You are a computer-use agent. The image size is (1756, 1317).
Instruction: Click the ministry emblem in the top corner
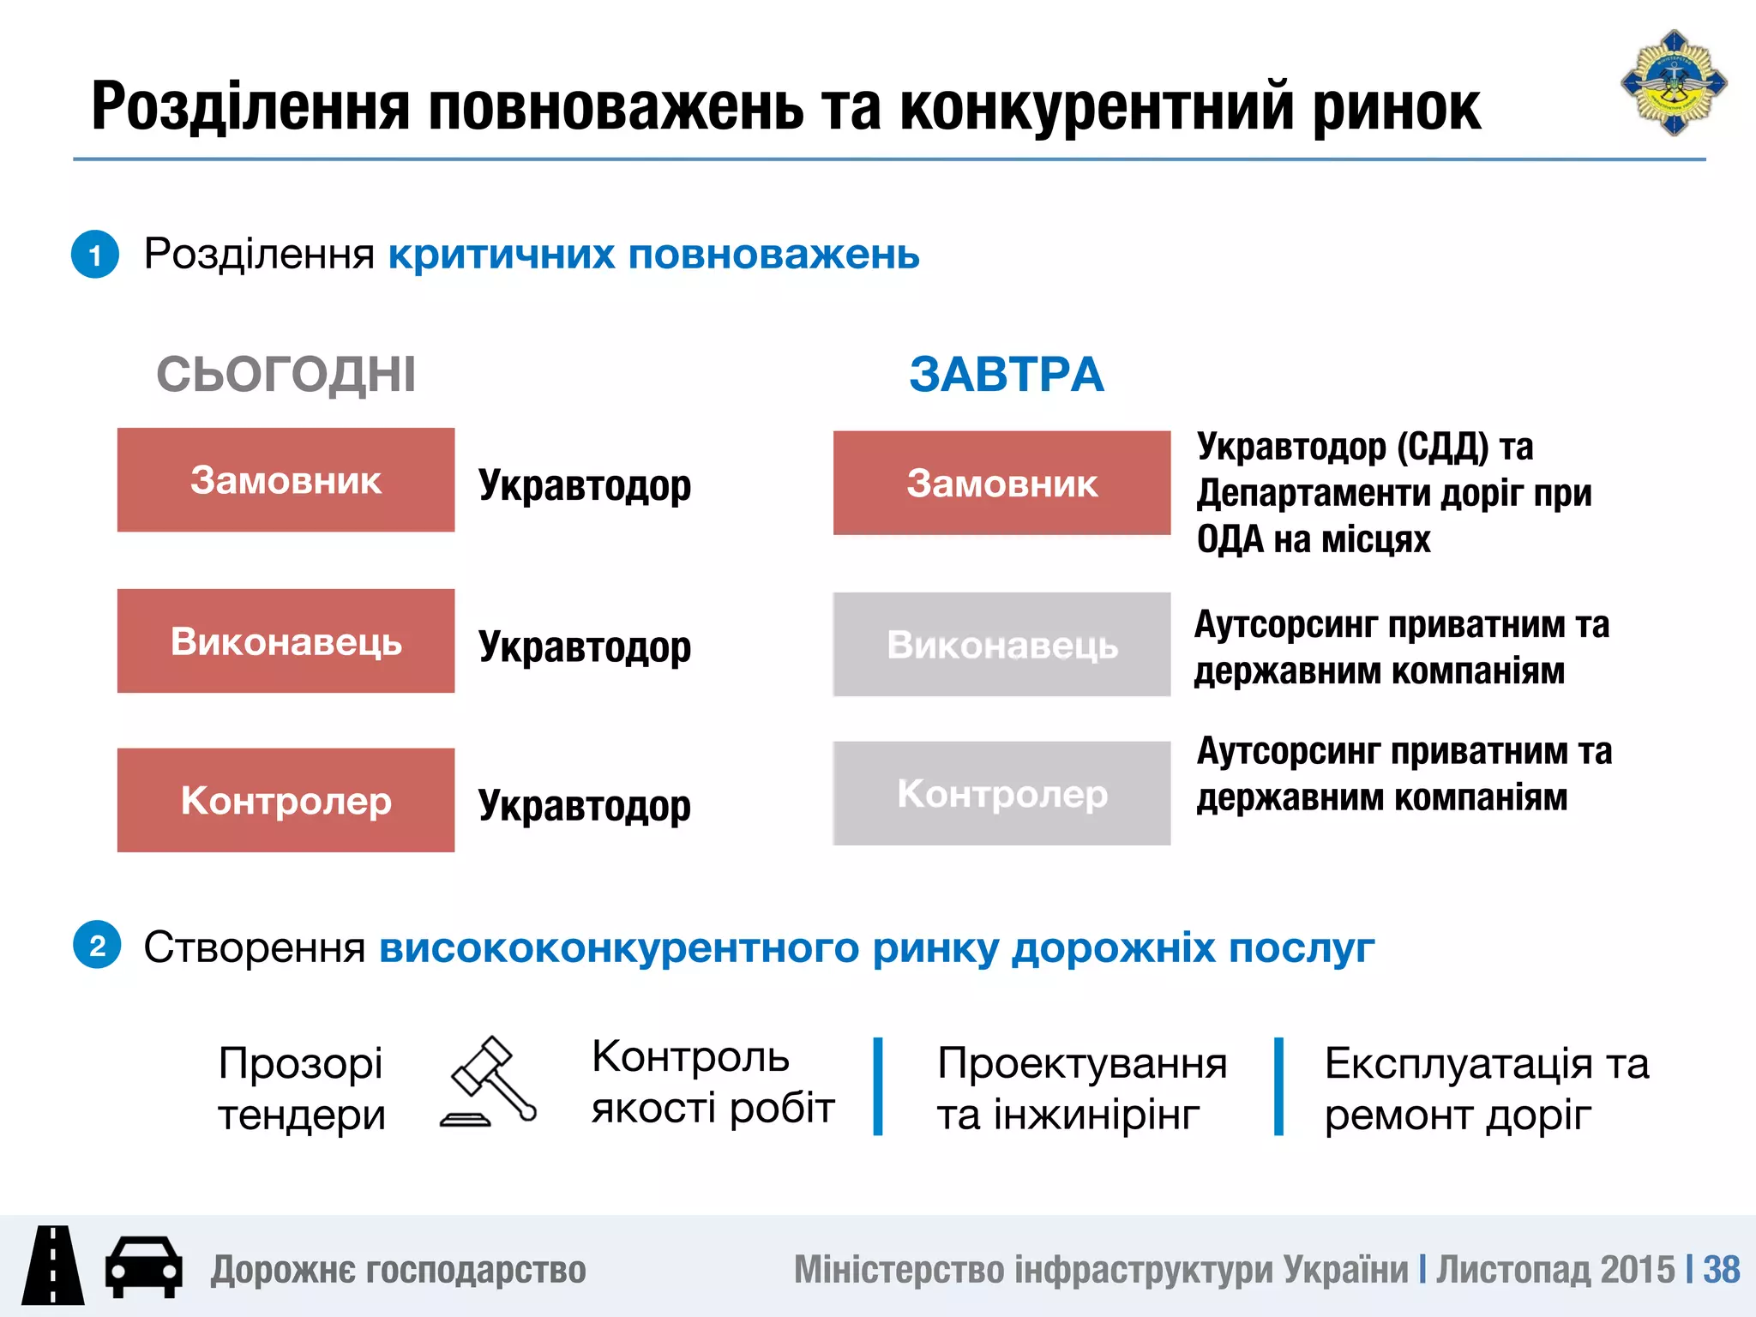click(x=1673, y=83)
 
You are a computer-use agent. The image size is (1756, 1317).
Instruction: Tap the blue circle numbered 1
click(x=95, y=255)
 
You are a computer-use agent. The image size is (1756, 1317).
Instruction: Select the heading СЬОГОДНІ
click(x=286, y=375)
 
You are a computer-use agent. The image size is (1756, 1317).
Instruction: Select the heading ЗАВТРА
click(x=1006, y=375)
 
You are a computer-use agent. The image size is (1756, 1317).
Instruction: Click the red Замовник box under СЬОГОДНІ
click(x=286, y=480)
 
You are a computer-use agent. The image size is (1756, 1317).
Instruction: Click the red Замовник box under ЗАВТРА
click(x=1001, y=483)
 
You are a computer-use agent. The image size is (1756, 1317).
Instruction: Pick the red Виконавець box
click(x=286, y=640)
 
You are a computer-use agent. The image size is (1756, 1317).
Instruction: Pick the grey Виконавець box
click(x=1001, y=644)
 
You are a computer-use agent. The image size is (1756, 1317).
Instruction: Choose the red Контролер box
click(x=286, y=800)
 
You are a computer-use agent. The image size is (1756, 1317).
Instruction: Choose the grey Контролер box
click(x=1001, y=793)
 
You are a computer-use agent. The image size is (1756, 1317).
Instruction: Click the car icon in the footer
click(x=143, y=1266)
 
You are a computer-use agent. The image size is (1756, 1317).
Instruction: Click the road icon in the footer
click(x=53, y=1266)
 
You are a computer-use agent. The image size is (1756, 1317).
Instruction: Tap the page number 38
click(x=1721, y=1270)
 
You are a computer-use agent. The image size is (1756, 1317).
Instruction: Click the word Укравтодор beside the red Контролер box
click(x=584, y=806)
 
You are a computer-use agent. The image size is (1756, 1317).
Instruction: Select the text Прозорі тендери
click(x=301, y=1089)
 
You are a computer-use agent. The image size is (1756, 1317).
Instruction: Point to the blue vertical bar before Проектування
click(x=878, y=1086)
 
